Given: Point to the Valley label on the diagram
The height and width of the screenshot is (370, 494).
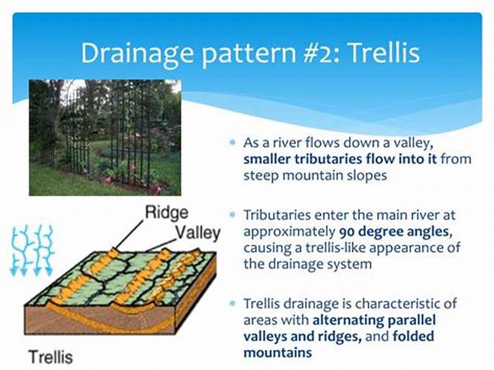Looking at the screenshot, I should (x=198, y=233).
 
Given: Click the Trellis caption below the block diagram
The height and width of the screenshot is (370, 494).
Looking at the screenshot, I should (x=49, y=356).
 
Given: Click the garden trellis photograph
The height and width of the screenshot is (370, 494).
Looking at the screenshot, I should (x=105, y=137).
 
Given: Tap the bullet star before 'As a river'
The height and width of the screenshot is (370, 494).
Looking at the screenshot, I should (x=233, y=143).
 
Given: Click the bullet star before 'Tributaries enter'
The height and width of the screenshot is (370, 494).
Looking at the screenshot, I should (x=233, y=216).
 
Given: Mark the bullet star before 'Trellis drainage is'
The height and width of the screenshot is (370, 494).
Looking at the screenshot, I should (x=233, y=304).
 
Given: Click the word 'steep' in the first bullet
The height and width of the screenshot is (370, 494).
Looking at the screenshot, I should (x=260, y=175).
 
